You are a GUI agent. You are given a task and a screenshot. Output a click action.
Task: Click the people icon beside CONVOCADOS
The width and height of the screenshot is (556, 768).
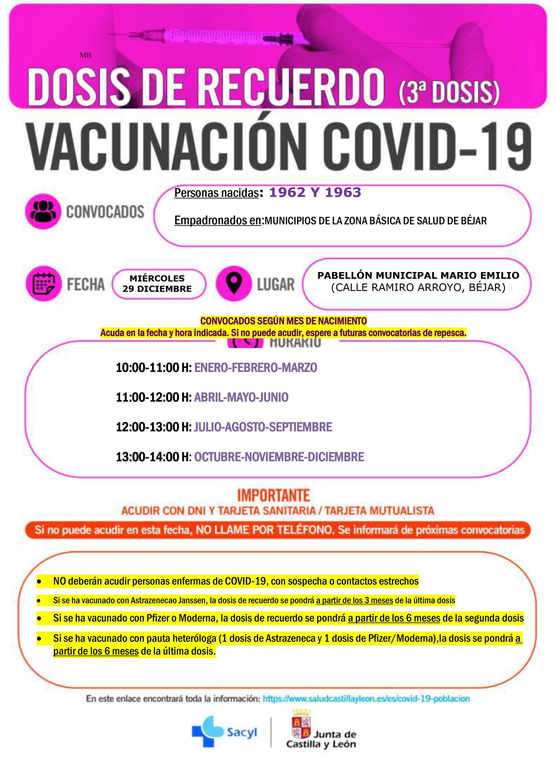point(43,211)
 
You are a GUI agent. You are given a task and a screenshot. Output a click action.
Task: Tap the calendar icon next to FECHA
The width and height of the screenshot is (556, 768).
point(43,283)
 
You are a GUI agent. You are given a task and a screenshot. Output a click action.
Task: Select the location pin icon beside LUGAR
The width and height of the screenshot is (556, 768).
point(234,283)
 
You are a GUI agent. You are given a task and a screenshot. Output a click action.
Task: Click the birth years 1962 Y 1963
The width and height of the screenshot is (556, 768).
point(315,192)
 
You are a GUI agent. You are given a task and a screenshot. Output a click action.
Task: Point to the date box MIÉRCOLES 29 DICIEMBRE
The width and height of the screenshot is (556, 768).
point(157,284)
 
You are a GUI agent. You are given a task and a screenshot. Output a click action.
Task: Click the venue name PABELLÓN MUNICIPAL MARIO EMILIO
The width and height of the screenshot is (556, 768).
point(418,275)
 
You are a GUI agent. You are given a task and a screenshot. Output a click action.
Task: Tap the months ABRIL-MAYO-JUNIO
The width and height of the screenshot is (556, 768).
point(241,397)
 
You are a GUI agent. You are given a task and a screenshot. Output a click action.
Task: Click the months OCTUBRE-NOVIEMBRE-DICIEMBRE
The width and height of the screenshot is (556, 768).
point(279,457)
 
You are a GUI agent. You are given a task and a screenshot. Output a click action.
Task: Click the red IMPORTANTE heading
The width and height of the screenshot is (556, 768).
point(273,496)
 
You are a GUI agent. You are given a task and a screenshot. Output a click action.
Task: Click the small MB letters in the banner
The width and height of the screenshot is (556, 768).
point(85,55)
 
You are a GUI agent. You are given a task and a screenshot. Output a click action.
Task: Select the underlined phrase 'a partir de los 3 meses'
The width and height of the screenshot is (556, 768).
point(354,600)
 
